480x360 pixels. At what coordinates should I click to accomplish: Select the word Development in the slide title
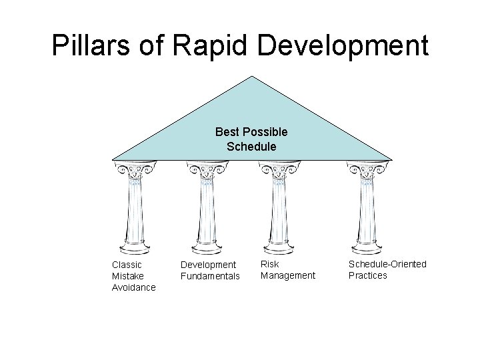click(x=341, y=45)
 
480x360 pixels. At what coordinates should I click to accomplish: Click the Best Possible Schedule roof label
click(x=251, y=139)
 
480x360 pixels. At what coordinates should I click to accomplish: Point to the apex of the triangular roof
click(x=252, y=77)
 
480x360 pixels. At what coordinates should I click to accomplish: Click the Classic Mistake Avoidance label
click(x=133, y=276)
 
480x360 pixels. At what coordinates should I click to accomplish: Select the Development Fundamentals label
click(x=210, y=270)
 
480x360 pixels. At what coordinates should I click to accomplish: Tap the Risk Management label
click(x=287, y=270)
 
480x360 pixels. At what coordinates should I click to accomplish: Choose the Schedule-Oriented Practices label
click(x=387, y=270)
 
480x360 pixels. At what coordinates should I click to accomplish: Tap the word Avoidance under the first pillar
click(x=133, y=287)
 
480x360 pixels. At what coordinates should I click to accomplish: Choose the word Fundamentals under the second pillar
click(x=210, y=276)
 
